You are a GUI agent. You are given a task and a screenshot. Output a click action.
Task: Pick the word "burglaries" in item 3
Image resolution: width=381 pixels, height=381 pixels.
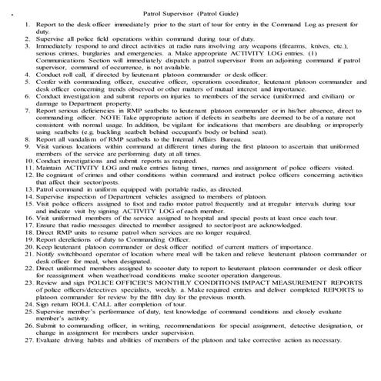[x=109, y=53]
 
